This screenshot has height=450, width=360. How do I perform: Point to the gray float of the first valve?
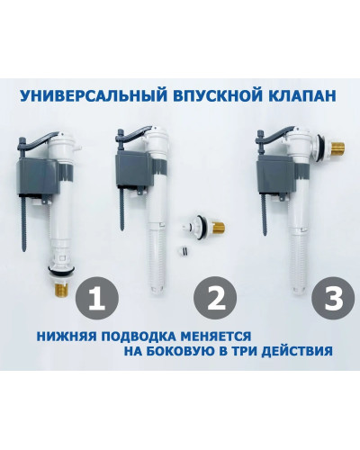point(35,175)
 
